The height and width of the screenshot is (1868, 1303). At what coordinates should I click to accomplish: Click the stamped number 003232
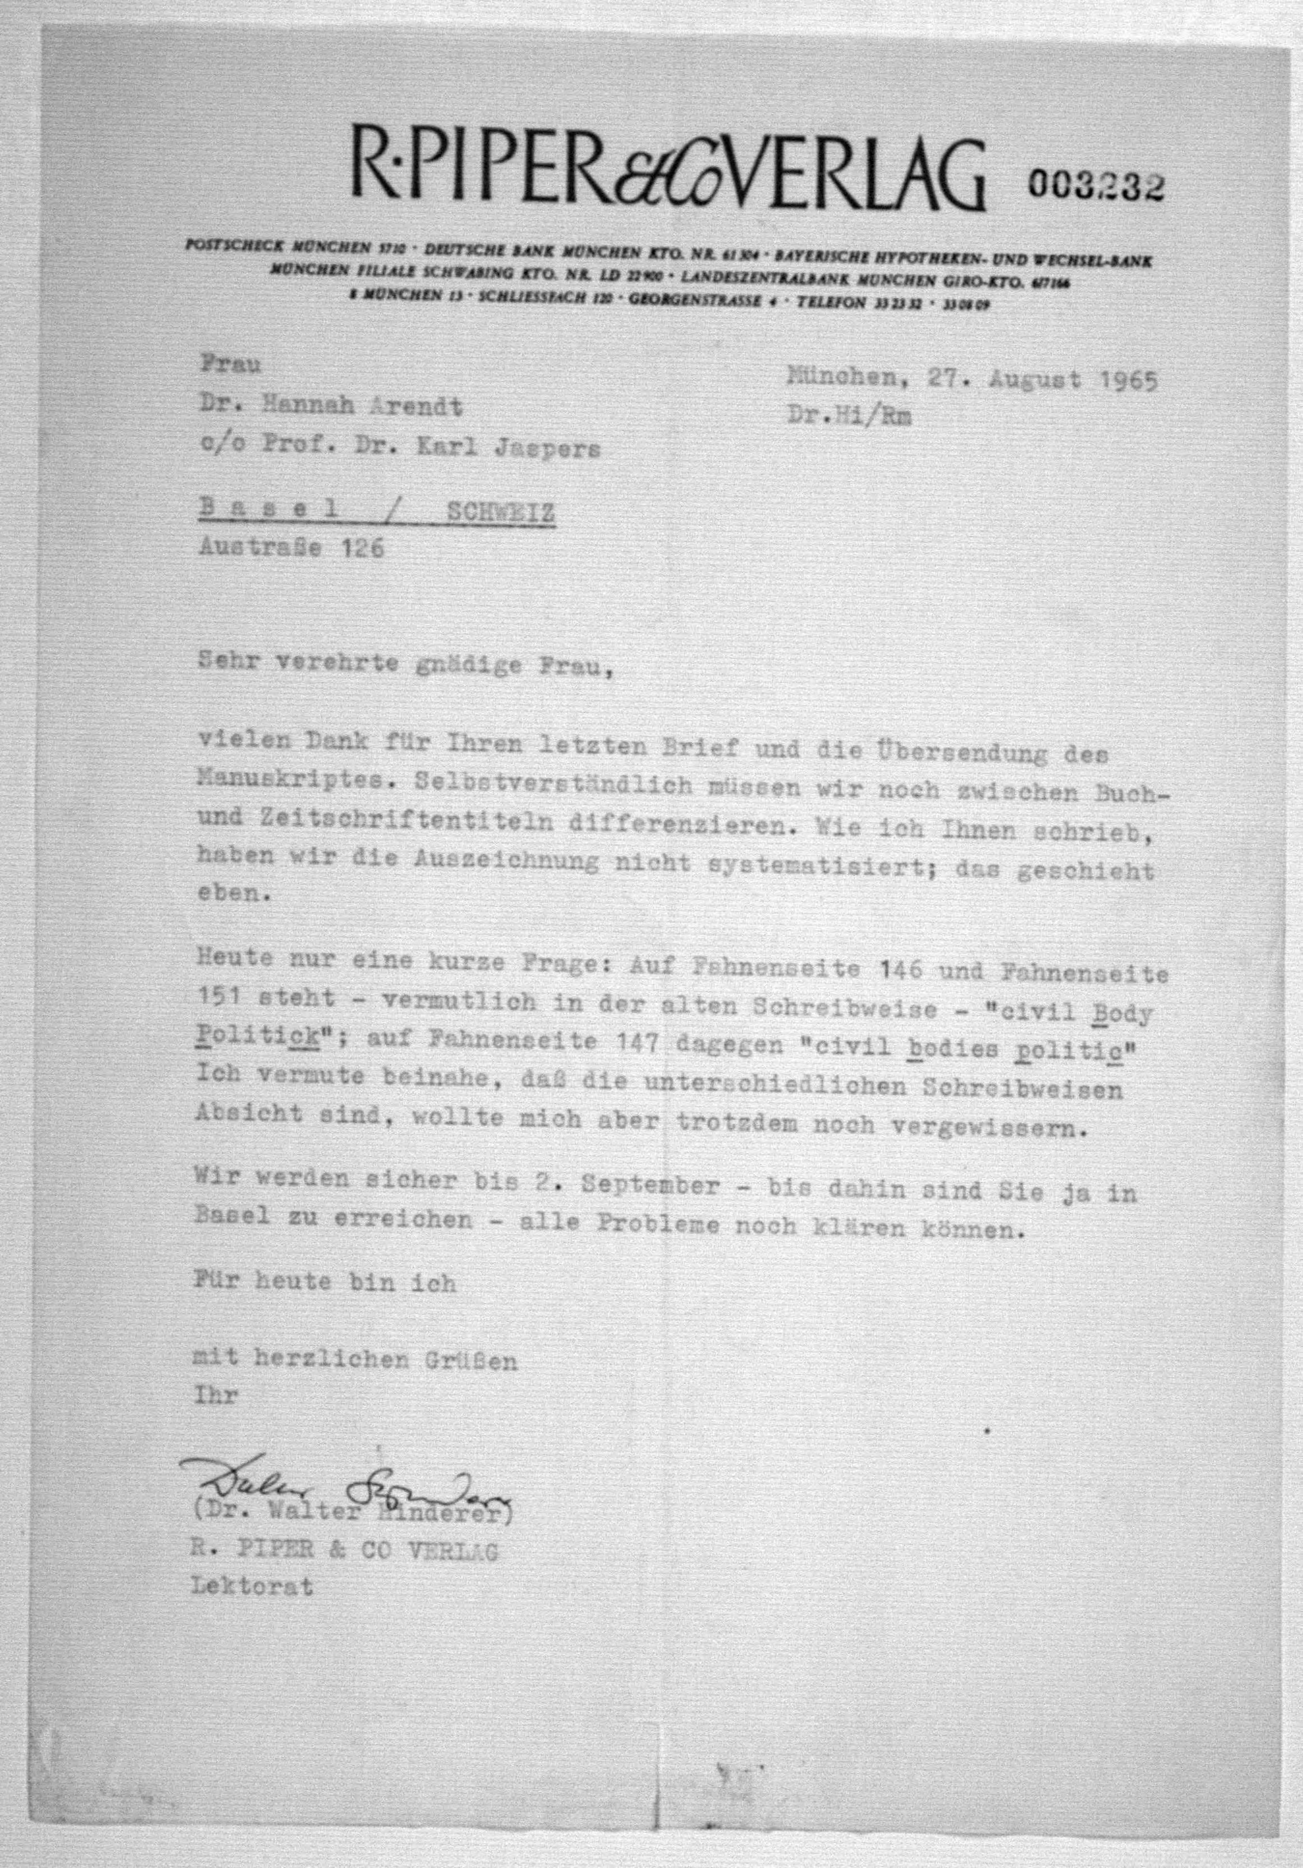pos(1095,186)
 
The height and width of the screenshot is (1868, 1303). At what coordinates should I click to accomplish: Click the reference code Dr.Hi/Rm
pos(849,416)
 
